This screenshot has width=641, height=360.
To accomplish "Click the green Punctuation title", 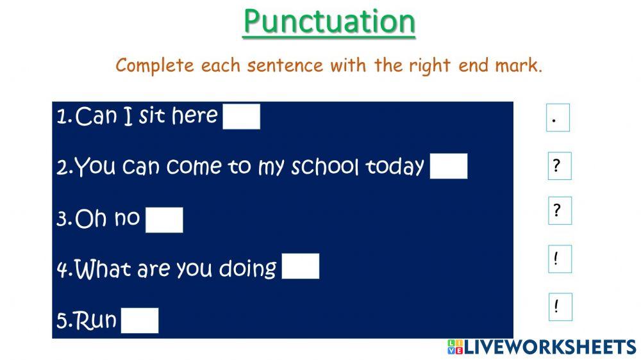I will [329, 22].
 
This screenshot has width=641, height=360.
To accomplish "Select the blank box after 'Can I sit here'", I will [241, 117].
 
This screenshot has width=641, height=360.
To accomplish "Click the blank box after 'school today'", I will [449, 167].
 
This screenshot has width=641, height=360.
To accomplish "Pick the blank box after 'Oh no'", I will [164, 220].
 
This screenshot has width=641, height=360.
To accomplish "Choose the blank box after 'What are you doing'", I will [300, 266].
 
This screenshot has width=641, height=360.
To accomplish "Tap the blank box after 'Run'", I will [139, 320].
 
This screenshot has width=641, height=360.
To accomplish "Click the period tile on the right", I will [558, 118].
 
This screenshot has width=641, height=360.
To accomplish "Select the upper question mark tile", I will [560, 166].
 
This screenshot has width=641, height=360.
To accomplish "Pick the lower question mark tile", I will [560, 211].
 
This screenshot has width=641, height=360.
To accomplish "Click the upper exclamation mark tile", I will [560, 259].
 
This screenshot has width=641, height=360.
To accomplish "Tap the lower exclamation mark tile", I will [560, 307].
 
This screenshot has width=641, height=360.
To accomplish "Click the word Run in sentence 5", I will [96, 320].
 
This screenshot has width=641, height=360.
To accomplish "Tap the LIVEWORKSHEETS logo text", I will [549, 347].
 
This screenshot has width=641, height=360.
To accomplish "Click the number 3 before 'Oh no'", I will [63, 219].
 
